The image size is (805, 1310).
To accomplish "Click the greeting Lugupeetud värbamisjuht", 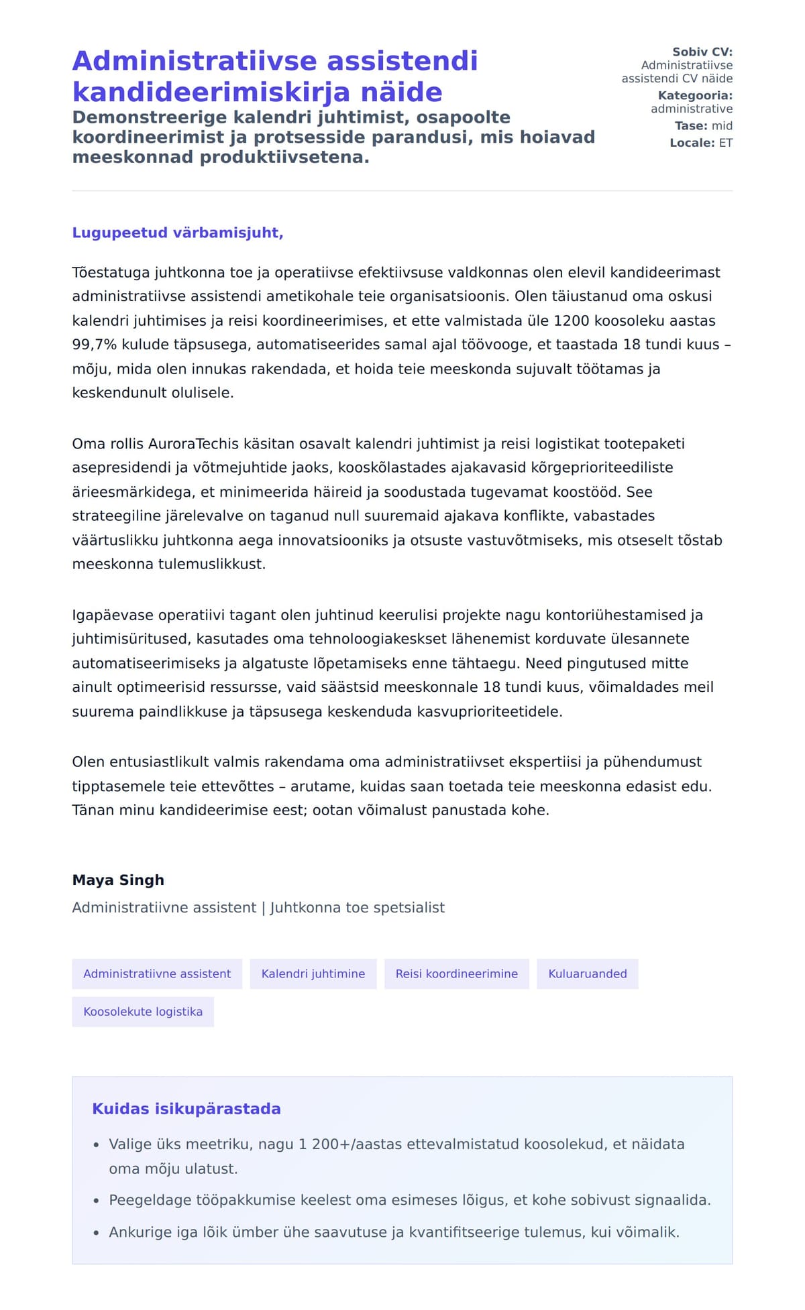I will click(178, 233).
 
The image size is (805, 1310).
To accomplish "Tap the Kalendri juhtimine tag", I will click(313, 973).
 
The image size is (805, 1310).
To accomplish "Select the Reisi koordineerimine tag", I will click(456, 973).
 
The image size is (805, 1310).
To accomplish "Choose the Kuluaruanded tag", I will click(587, 973).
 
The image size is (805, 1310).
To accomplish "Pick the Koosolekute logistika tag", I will click(143, 1012).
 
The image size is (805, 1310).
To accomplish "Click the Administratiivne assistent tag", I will click(157, 973).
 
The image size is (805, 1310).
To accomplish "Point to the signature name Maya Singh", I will click(118, 880).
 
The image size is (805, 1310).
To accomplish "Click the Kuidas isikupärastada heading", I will click(186, 1109).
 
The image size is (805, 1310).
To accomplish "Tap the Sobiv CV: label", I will click(702, 52).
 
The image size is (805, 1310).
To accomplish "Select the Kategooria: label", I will click(695, 95).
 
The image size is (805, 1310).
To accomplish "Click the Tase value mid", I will click(722, 125).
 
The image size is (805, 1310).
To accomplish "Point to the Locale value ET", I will click(726, 143).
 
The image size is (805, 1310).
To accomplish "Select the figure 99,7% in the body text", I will click(95, 345).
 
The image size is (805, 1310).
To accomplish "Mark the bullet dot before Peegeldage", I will click(97, 1201).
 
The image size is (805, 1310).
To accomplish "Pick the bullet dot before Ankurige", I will click(97, 1233).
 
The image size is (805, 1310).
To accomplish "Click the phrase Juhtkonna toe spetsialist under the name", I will click(357, 908).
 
